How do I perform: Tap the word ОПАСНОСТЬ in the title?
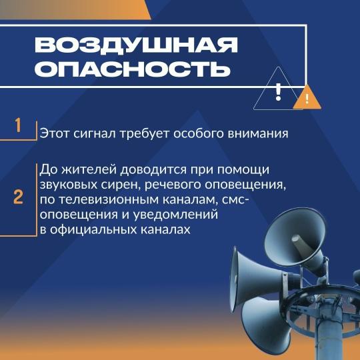(x=133, y=69)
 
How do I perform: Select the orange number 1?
(x=18, y=125)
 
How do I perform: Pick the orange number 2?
(x=18, y=197)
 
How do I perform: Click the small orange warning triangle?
(x=307, y=97)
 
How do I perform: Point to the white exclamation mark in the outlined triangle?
(x=278, y=92)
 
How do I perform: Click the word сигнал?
(x=95, y=133)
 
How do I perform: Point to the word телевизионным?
(x=109, y=200)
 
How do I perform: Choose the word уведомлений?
(x=175, y=215)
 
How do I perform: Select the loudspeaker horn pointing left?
(x=259, y=278)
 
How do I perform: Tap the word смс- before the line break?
(x=235, y=200)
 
